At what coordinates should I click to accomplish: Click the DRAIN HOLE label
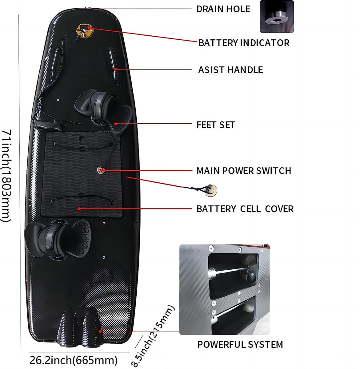[223, 9]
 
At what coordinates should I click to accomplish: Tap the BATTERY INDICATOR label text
[244, 43]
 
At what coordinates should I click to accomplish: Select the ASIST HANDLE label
[230, 70]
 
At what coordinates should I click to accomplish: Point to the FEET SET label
[216, 125]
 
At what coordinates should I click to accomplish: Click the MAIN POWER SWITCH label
[244, 170]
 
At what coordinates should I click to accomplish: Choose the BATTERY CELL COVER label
[245, 209]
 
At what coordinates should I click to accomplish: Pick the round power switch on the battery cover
[101, 170]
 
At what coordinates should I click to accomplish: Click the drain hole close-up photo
[277, 17]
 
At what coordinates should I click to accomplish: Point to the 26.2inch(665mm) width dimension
[74, 360]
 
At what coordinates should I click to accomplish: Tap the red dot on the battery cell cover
[79, 209]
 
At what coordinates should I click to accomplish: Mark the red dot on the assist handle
[115, 69]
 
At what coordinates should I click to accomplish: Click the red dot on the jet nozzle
[100, 331]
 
